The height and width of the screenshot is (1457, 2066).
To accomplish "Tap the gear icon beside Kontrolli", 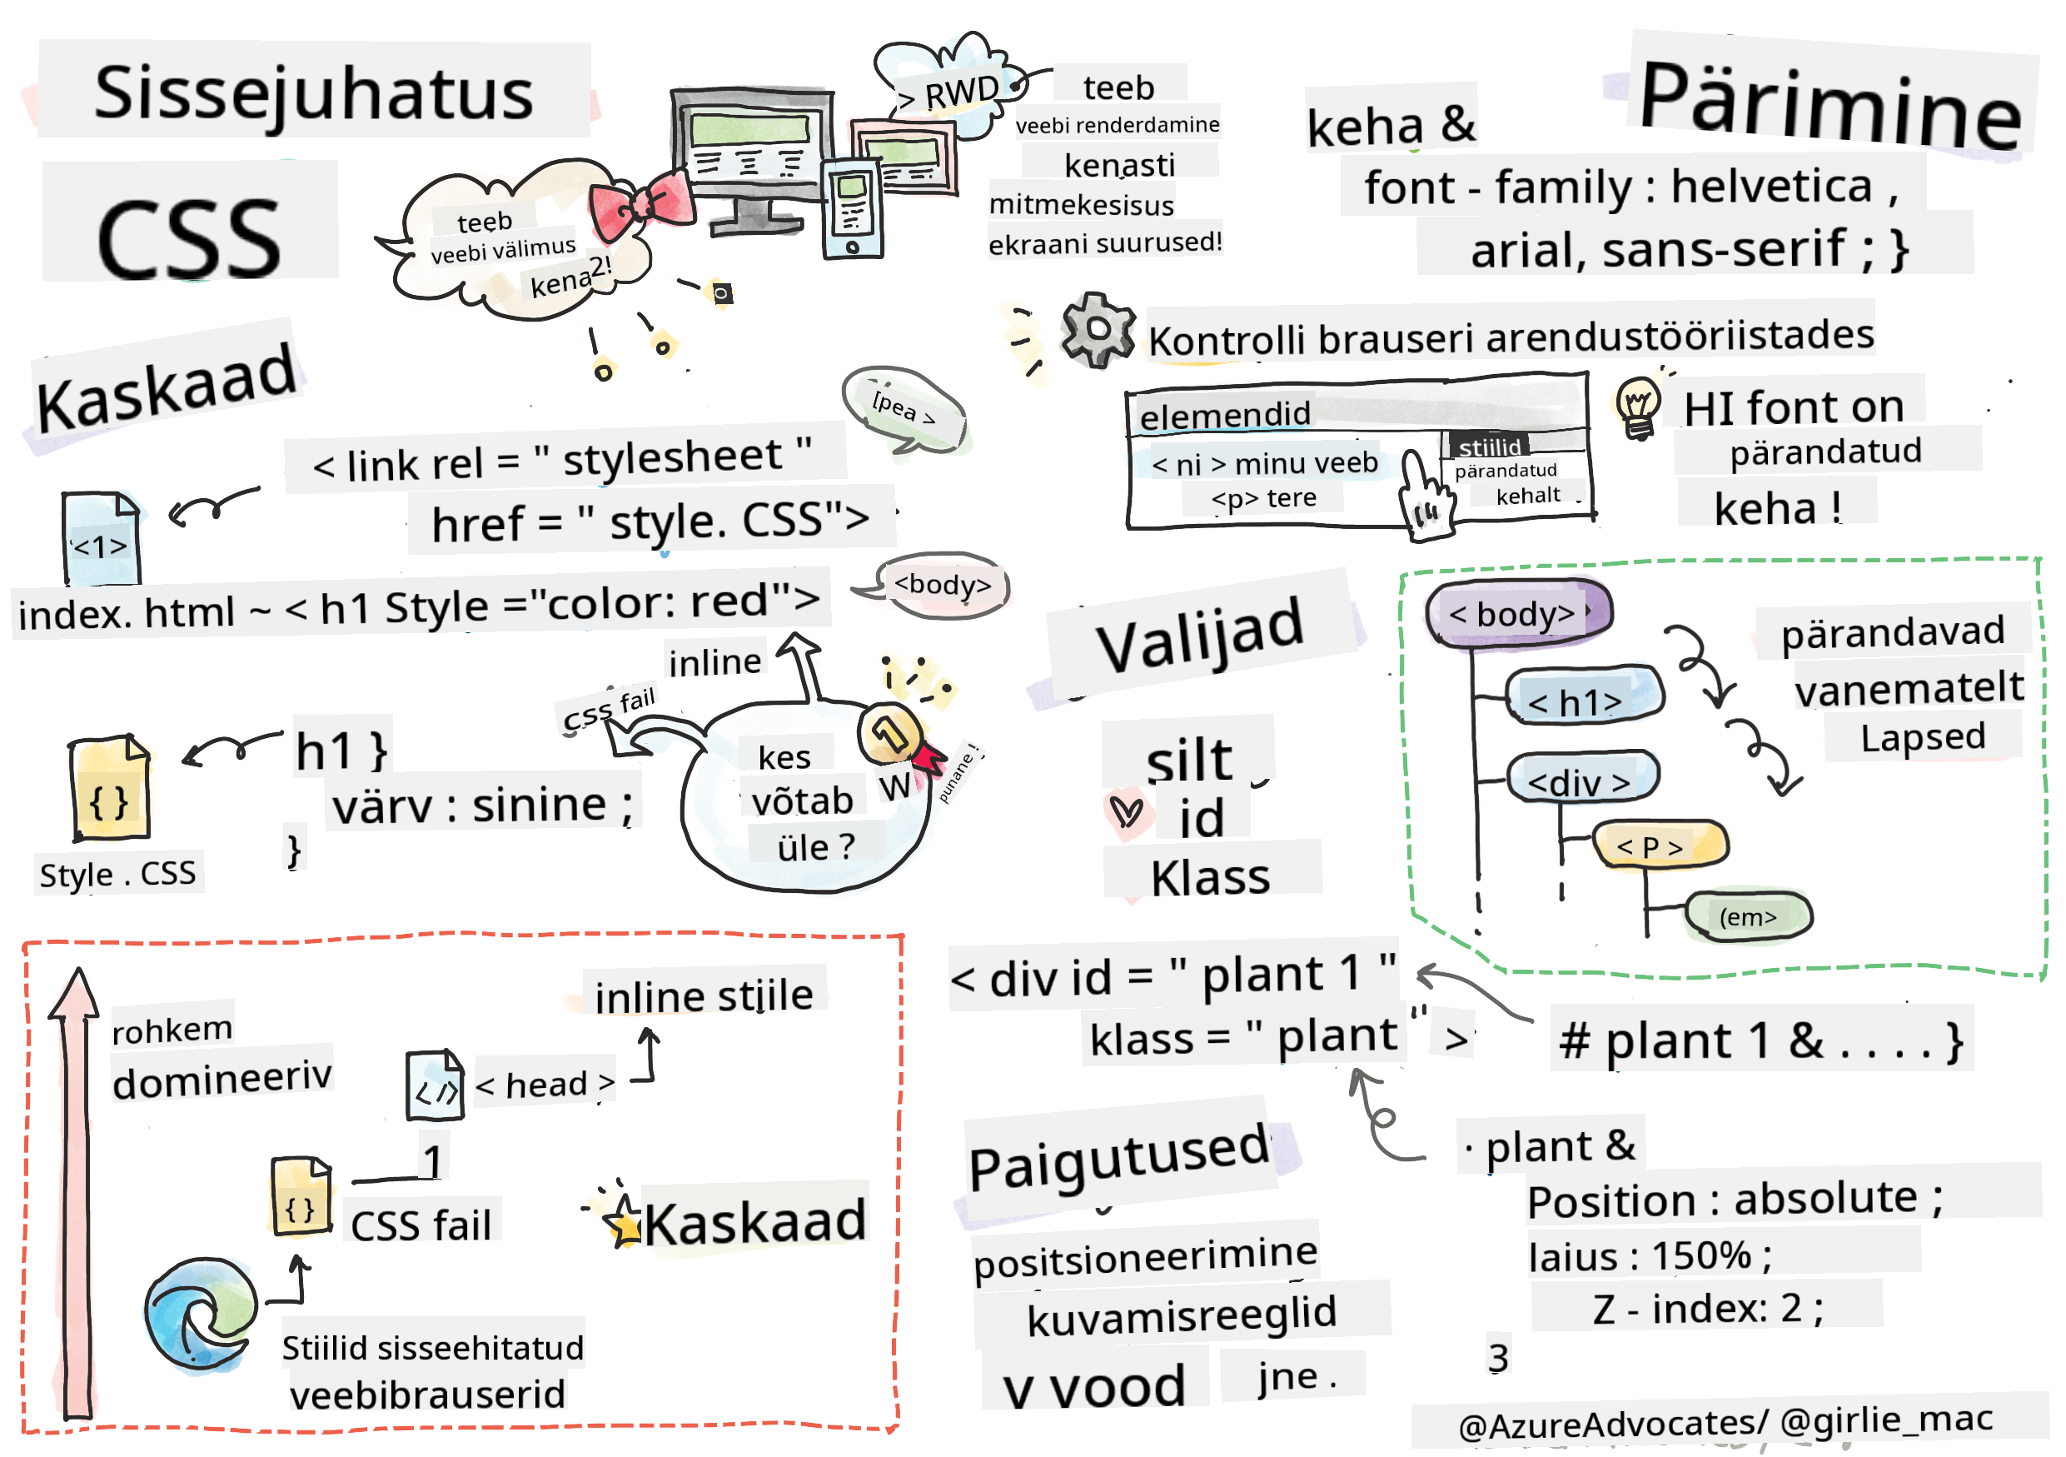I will pos(1095,329).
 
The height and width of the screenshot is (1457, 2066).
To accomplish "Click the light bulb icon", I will pos(1638,407).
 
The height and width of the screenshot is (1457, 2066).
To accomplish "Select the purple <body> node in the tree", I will pos(1517,613).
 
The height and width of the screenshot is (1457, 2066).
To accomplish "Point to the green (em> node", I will pos(1747,916).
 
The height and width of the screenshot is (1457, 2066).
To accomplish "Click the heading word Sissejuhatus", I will pos(313,93).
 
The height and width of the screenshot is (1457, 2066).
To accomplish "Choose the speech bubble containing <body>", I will pos(940,586).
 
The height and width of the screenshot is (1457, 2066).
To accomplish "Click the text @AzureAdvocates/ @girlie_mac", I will pos(1724,1422).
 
